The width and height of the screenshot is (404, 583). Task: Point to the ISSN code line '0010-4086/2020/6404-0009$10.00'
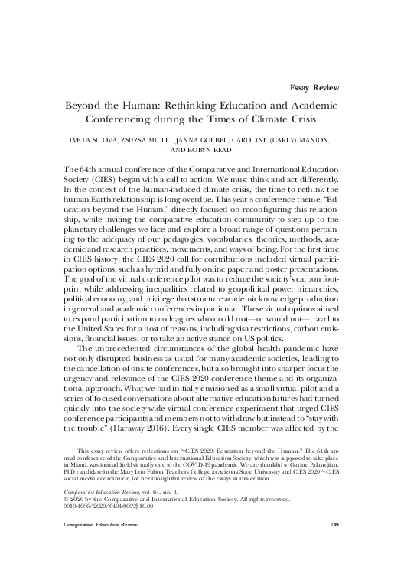point(99,525)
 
